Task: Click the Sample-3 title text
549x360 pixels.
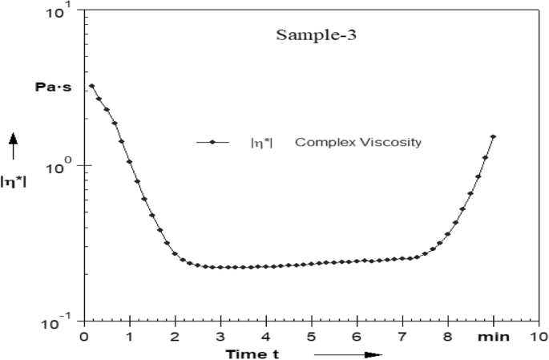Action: pyautogui.click(x=309, y=36)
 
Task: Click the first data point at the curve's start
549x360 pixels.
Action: pyautogui.click(x=91, y=86)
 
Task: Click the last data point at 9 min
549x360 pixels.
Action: pyautogui.click(x=493, y=136)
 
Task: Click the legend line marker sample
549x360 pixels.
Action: pyautogui.click(x=212, y=143)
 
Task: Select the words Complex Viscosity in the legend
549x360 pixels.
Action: pyautogui.click(x=358, y=143)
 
